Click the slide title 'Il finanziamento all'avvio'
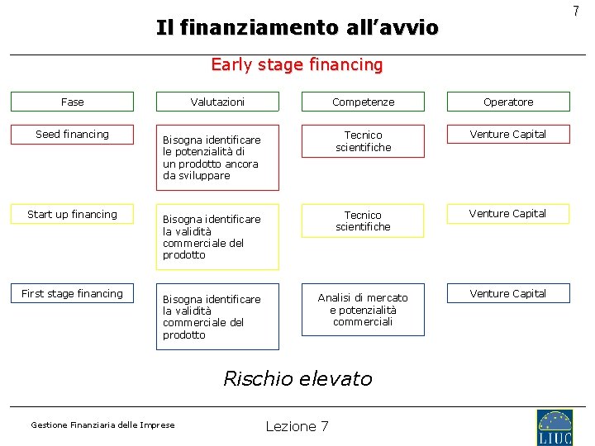tap(297, 28)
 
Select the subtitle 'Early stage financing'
tap(297, 64)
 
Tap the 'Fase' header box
tap(72, 102)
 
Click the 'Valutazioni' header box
tap(217, 102)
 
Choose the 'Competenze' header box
tap(363, 102)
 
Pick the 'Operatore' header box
tap(508, 102)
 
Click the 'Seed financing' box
tap(72, 135)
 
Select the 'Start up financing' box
tap(72, 215)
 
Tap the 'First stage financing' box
tap(72, 294)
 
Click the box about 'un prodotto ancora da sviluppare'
tap(217, 158)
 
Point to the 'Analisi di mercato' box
tap(363, 311)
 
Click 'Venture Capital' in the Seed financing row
tap(508, 135)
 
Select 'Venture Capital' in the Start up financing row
tap(508, 214)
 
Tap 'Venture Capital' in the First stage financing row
tap(508, 294)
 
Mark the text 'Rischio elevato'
tap(297, 379)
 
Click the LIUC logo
tap(554, 427)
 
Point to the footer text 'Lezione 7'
tap(297, 426)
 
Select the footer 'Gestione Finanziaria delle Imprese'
tap(102, 425)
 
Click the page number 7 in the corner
tap(576, 11)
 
